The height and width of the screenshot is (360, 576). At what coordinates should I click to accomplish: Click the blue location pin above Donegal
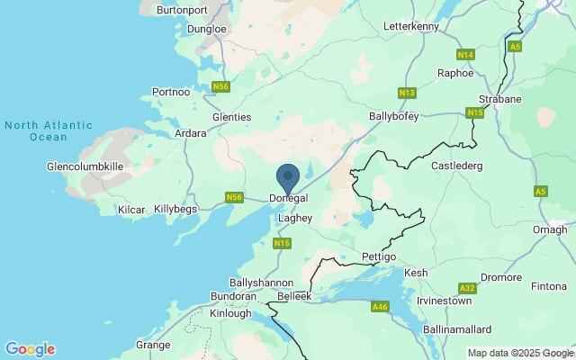pos(288,176)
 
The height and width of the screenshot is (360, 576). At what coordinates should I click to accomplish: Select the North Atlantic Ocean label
pos(37,131)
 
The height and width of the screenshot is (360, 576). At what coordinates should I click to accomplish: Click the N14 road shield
pos(465,55)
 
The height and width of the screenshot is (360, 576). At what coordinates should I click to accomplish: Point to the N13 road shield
pos(407,93)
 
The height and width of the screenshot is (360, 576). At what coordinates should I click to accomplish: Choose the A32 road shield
pos(467,288)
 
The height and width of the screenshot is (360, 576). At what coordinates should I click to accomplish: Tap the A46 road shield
pos(381,307)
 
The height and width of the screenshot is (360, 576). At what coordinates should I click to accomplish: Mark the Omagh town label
pos(550,229)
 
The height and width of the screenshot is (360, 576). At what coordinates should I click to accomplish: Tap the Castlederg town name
pos(457,166)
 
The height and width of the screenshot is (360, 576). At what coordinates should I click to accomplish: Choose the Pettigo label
pos(378,257)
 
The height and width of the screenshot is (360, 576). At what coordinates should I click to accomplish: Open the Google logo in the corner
pos(30,349)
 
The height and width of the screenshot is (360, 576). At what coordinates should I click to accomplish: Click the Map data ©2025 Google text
pos(520,353)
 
